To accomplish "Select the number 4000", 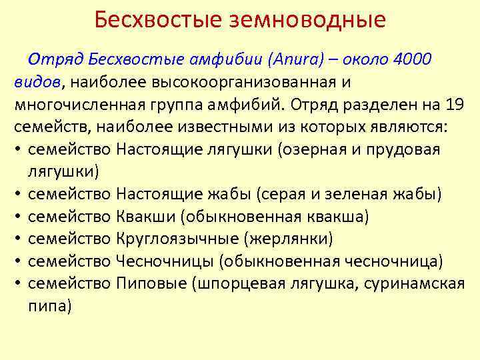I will point(413,60).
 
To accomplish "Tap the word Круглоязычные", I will point(178,239).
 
